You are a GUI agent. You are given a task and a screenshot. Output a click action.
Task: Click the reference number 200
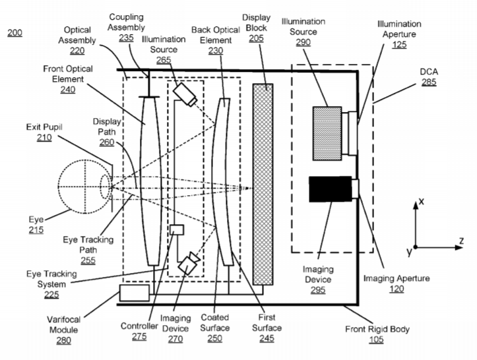coord(15,32)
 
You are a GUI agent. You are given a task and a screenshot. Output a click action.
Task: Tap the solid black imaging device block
coord(331,189)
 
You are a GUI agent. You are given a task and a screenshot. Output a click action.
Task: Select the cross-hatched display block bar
coord(263,184)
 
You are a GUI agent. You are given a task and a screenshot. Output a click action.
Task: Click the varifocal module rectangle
coord(135,293)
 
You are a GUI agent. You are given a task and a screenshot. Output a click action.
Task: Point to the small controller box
coord(177,229)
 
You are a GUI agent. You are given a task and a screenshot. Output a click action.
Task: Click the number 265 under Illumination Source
coord(164,60)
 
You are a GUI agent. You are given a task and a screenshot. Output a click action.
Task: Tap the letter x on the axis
coord(422,201)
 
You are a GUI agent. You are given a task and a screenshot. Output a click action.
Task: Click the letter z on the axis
coord(461,241)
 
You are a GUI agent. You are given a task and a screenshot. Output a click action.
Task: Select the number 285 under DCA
coord(429,82)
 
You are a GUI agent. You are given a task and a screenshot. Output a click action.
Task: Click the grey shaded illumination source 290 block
coord(327,133)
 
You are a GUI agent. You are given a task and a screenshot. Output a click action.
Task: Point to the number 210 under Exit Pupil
coord(44,138)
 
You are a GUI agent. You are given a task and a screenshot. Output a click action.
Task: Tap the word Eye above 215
coord(36,220)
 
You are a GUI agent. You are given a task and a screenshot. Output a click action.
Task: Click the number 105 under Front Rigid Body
coord(376,340)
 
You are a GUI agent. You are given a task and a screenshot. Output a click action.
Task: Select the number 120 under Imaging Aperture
coord(397,289)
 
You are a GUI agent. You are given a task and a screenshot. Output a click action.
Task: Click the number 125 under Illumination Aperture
coord(399,45)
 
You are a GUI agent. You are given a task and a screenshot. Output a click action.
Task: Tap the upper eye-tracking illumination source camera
coord(185,94)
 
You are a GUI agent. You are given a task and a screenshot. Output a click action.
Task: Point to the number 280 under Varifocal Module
coord(63,340)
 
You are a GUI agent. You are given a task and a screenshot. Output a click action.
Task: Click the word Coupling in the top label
coord(126,17)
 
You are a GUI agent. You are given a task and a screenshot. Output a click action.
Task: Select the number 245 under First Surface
coord(267,338)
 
